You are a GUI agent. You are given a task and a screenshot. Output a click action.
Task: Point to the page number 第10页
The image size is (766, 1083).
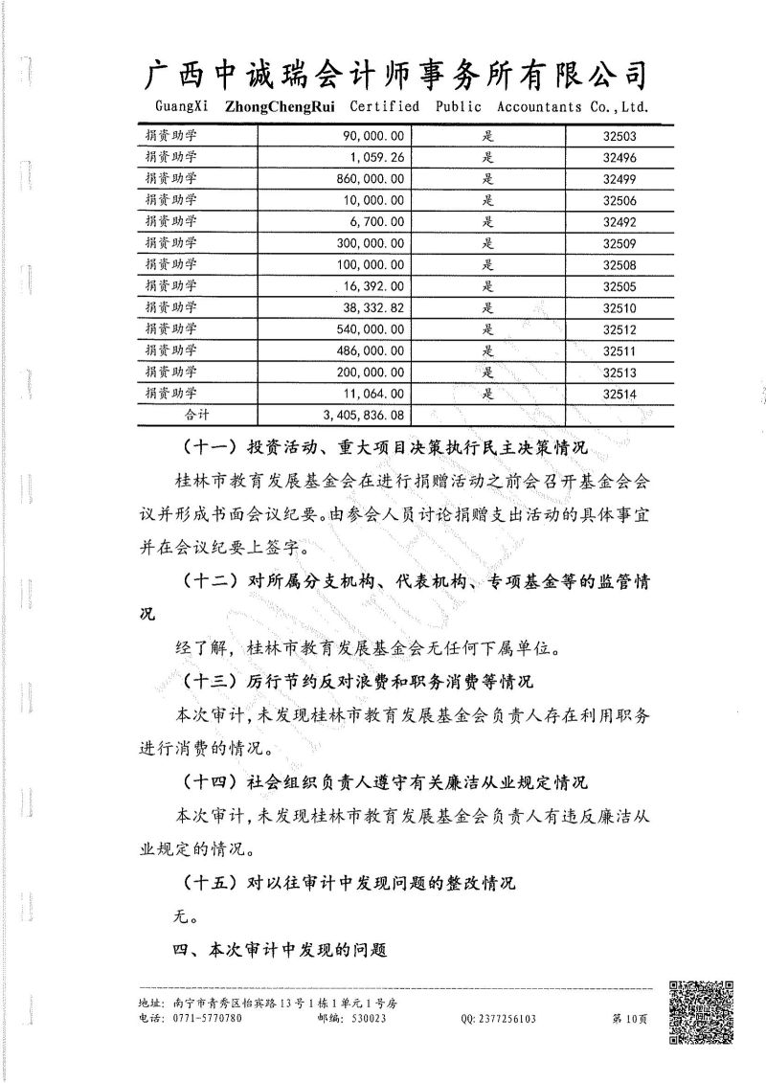(x=630, y=1019)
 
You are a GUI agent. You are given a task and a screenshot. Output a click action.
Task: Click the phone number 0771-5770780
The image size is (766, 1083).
(x=208, y=1019)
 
